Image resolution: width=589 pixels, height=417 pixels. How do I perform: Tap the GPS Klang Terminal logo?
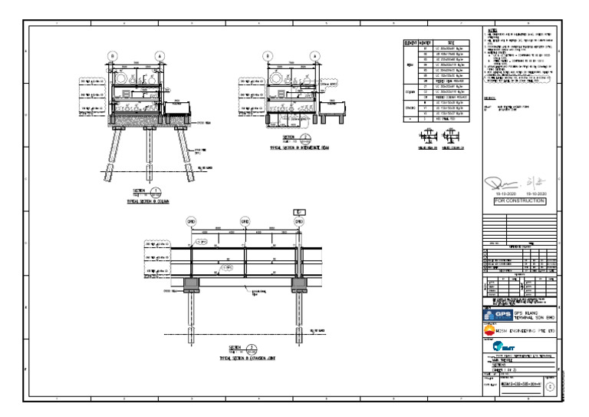tap(499, 316)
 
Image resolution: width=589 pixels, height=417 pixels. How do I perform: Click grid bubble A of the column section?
tap(160, 56)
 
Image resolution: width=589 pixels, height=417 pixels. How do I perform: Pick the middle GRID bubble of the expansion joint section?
tap(245, 221)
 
